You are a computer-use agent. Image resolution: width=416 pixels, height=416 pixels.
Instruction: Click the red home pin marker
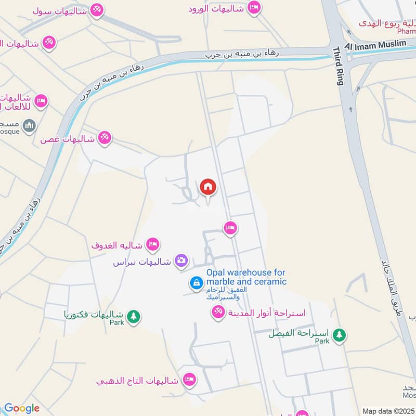pos(207,187)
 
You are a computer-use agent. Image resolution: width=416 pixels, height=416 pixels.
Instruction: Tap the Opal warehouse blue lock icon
pos(197,282)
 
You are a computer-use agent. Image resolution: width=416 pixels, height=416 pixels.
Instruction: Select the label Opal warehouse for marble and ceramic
pos(246,277)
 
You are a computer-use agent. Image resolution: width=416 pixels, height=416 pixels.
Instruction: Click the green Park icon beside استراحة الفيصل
pos(340,334)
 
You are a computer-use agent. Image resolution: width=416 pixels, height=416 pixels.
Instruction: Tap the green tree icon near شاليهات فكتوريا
pos(134,316)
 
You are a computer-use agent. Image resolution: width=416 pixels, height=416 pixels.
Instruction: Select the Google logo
pos(21,408)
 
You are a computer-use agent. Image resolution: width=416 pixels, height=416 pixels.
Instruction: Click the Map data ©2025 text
pos(388,411)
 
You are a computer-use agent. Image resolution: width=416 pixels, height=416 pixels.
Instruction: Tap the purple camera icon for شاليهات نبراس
pos(181,261)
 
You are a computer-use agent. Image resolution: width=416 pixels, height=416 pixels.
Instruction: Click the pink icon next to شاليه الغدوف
pos(152,243)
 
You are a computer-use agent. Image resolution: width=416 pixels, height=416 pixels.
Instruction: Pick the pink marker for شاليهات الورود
pos(253,8)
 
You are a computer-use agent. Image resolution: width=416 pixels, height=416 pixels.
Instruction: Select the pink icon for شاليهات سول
pos(96,9)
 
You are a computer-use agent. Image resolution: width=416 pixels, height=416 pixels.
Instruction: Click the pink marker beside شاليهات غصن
pos(104,137)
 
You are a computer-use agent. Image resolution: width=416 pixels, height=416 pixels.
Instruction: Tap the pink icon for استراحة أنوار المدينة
pos(217,312)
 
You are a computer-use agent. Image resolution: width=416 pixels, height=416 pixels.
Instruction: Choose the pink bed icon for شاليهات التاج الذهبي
pos(190,379)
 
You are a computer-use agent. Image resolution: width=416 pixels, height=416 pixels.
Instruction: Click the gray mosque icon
pos(30,125)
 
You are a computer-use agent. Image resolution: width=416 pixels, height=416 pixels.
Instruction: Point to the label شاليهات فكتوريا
pos(94,315)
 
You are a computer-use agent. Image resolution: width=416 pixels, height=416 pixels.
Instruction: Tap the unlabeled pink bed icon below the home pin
pos(230,227)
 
